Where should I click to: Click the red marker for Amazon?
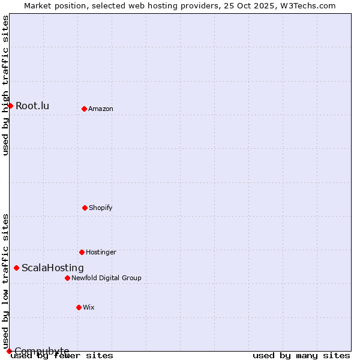click(84, 109)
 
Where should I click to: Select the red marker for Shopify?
click(85, 208)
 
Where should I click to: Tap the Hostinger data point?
click(82, 252)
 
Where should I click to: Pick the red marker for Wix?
click(79, 307)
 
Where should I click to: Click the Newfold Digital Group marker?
click(67, 278)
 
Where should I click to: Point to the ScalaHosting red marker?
click(16, 268)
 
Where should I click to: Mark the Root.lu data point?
click(10, 106)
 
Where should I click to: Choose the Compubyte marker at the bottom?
click(9, 351)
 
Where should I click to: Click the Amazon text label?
click(101, 109)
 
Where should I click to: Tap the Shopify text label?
click(101, 208)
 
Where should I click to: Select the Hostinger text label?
click(101, 253)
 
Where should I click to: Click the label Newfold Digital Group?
click(106, 278)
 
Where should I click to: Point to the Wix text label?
click(89, 308)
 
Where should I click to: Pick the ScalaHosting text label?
click(53, 268)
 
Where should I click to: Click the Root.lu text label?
click(32, 106)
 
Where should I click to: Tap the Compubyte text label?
click(42, 351)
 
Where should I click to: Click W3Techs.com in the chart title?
click(306, 5)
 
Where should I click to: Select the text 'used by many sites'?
click(301, 356)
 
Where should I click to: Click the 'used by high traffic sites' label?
click(5, 85)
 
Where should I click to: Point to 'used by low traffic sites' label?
click(5, 281)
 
